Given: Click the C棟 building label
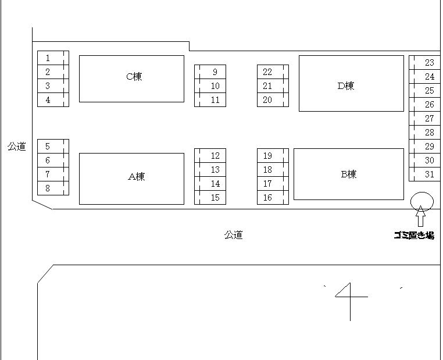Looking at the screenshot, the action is click(x=134, y=77).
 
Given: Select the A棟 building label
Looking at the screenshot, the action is click(x=137, y=177).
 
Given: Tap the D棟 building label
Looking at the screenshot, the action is click(x=346, y=85).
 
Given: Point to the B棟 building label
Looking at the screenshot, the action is click(x=349, y=174).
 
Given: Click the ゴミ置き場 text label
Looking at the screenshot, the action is click(x=414, y=236).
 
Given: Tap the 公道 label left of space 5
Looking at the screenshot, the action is click(x=17, y=147).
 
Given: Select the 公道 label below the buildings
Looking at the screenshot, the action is click(x=234, y=235).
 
